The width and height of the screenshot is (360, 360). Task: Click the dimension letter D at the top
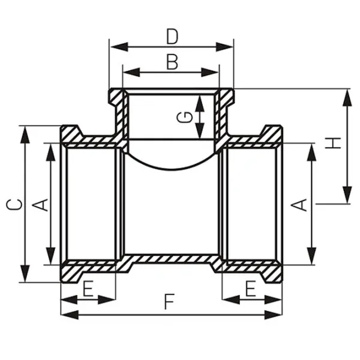tap(172, 37)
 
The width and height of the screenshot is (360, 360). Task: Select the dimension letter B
tap(172, 62)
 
